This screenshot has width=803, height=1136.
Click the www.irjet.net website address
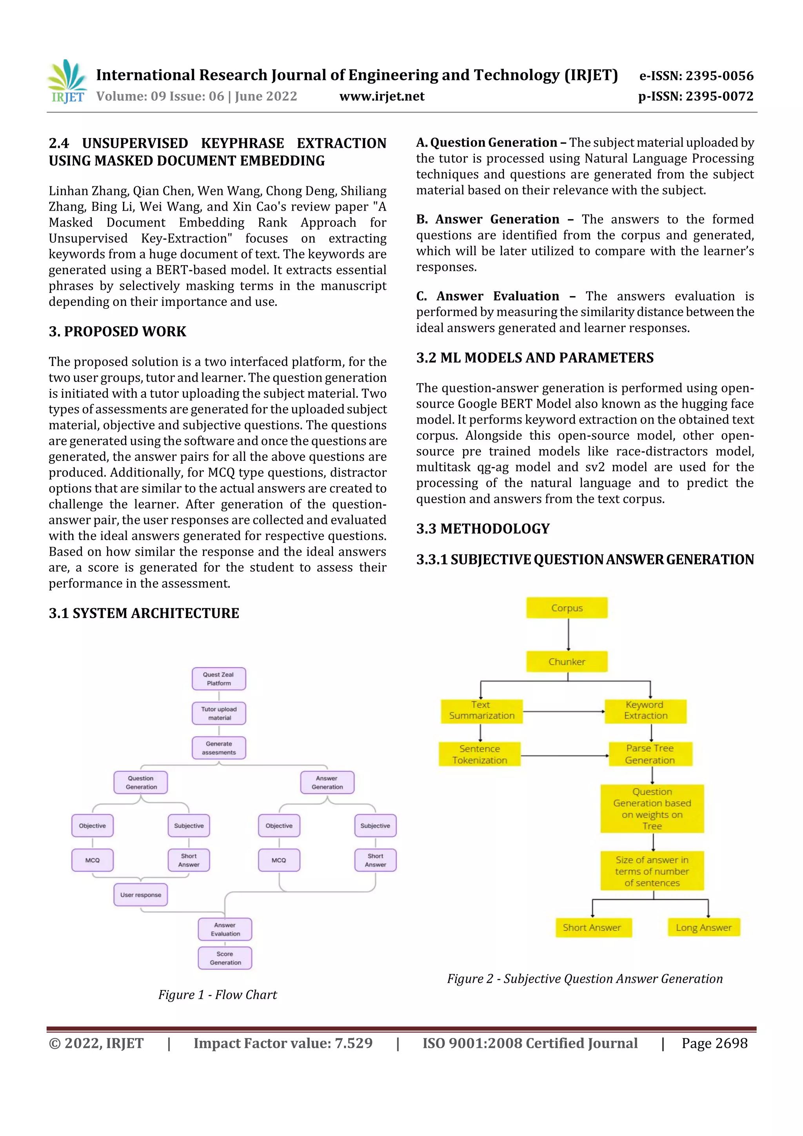tap(382, 96)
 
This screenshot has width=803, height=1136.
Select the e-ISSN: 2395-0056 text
tap(696, 76)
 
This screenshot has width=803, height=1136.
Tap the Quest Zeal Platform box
tap(219, 678)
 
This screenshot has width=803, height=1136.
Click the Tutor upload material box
tap(219, 713)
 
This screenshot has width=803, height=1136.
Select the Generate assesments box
tap(219, 748)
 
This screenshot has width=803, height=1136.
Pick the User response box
tap(140, 894)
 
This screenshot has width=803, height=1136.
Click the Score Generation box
tap(225, 958)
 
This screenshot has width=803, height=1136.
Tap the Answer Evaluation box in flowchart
tap(225, 929)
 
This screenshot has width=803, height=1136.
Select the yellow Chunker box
tap(567, 662)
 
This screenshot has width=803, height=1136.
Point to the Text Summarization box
tap(481, 711)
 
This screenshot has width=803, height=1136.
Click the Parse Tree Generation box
tap(650, 754)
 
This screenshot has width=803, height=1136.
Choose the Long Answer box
tap(703, 927)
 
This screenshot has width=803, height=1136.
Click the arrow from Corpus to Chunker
tap(569, 634)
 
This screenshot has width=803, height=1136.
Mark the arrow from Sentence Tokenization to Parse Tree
tap(564, 756)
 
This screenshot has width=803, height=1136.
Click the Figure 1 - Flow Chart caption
tap(217, 994)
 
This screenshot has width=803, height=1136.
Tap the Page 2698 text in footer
tap(714, 1043)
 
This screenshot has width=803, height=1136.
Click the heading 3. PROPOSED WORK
tap(117, 331)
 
